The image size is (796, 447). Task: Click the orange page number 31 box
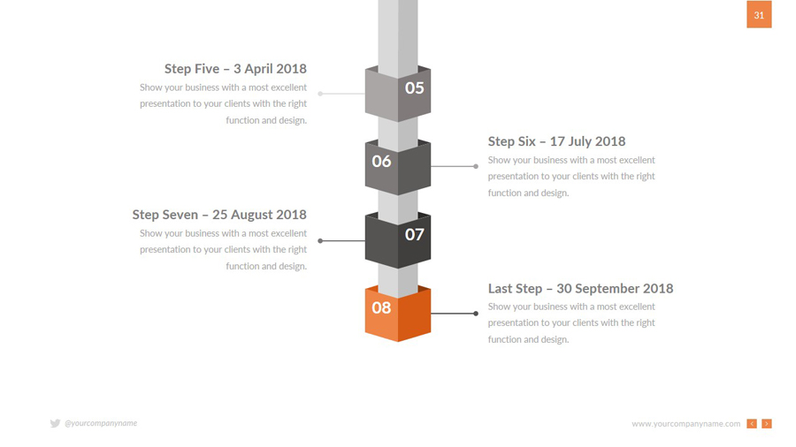[x=759, y=14]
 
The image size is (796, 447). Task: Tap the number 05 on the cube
[x=414, y=88]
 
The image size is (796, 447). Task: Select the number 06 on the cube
[x=381, y=161]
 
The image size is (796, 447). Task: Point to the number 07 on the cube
[x=414, y=235]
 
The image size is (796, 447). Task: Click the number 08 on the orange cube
[x=381, y=307]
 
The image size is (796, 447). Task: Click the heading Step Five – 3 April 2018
[x=235, y=68]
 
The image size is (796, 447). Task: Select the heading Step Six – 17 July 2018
[x=557, y=141]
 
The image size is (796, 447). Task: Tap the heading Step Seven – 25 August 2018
[x=219, y=215]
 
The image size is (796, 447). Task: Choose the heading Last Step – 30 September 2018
[x=581, y=288]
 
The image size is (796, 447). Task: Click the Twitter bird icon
[x=56, y=423]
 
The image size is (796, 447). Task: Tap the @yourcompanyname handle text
[x=101, y=423]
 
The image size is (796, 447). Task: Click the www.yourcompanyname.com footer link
[x=685, y=424]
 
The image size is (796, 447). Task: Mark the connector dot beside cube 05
[x=320, y=94]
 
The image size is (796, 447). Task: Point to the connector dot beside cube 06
[x=476, y=166]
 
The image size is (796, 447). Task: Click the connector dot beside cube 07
[x=320, y=241]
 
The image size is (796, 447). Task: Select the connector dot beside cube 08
[x=476, y=314]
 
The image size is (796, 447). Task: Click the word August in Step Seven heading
[x=252, y=216]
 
